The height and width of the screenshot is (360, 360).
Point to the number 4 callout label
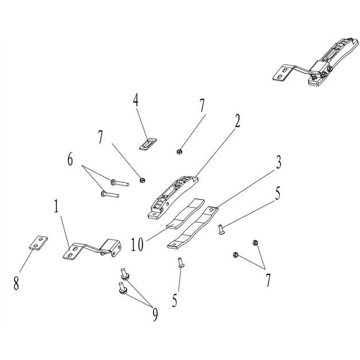pos(136,100)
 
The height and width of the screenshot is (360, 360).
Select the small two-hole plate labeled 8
pos(36,243)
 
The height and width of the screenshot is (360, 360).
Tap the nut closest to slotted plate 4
pos(179,152)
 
